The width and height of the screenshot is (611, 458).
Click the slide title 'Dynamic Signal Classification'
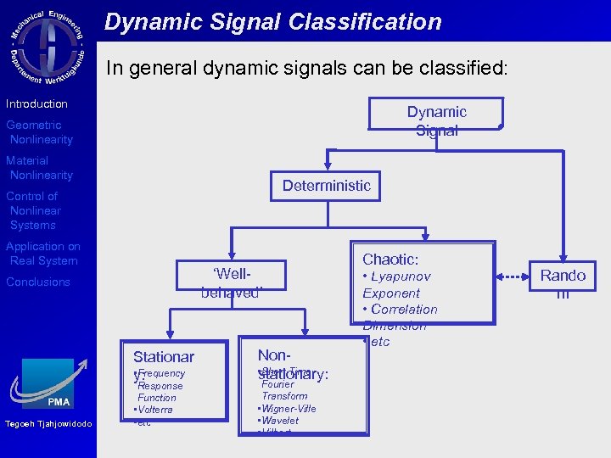click(272, 22)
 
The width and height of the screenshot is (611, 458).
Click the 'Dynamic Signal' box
click(435, 120)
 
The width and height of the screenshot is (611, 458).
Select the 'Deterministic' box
click(326, 186)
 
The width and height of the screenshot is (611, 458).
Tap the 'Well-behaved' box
click(231, 283)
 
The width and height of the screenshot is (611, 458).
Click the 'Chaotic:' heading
click(390, 260)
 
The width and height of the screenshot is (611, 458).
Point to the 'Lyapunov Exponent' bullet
click(396, 285)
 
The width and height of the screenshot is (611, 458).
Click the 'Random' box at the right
click(563, 282)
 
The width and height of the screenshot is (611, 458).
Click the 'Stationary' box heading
click(163, 357)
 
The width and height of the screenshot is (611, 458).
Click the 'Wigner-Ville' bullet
click(287, 409)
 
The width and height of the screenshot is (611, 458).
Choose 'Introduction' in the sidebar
click(36, 103)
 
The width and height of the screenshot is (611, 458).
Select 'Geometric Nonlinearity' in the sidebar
click(39, 132)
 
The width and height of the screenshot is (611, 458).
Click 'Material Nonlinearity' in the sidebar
click(39, 168)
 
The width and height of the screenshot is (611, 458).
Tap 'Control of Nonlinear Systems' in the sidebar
click(33, 210)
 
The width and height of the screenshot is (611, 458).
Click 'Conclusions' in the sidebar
click(37, 282)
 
